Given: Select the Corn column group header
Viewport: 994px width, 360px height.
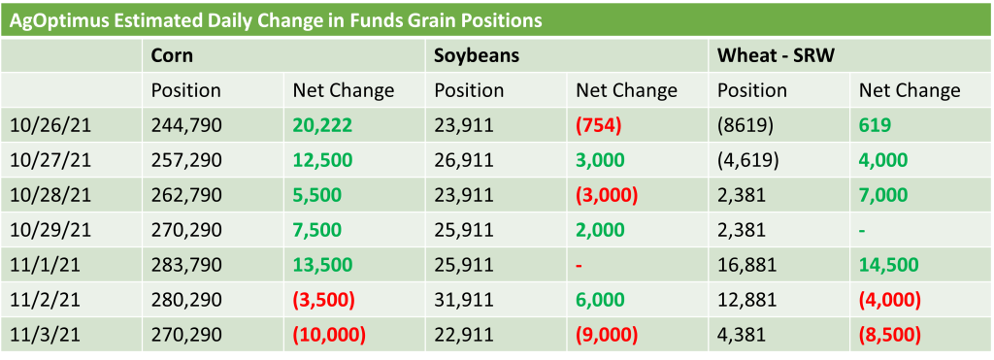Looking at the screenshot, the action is (172, 55).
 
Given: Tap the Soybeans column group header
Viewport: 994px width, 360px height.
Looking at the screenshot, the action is (477, 55).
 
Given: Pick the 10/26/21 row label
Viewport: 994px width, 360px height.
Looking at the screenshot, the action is (50, 125).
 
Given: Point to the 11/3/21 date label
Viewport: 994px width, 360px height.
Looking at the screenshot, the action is (47, 334).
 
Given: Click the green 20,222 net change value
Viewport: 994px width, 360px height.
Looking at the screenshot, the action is (322, 125).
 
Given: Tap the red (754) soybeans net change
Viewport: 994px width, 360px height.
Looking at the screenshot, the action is (598, 125).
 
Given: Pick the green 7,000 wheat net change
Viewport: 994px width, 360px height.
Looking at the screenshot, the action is (883, 195).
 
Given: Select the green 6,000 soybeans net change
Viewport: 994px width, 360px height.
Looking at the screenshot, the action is (600, 299).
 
